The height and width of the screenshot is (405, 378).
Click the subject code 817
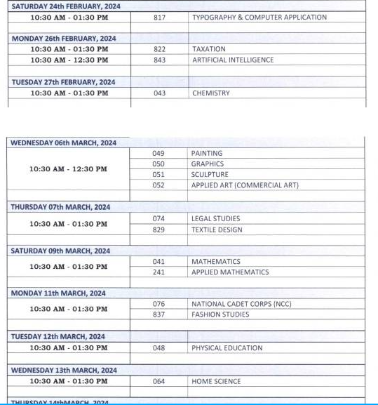coord(159,17)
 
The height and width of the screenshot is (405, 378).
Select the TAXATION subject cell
coord(208,49)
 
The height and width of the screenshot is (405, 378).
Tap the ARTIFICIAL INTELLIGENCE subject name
coord(233,60)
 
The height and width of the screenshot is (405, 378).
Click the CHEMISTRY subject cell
coord(210,93)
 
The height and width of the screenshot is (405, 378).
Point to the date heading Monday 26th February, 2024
coord(64,38)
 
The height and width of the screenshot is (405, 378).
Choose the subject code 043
coord(159,93)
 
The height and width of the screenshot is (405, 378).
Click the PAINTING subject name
coord(207,153)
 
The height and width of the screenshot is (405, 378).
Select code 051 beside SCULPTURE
coord(158,175)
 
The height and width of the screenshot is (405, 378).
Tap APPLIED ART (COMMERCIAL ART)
coord(245,185)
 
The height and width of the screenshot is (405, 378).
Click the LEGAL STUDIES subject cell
coord(215,218)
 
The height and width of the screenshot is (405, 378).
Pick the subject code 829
coord(158,230)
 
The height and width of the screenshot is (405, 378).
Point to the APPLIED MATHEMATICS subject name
coord(230,272)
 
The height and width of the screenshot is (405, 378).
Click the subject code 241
coord(158,272)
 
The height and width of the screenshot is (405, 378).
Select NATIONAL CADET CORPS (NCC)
coord(241,304)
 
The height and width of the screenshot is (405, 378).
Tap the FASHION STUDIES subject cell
coord(220,314)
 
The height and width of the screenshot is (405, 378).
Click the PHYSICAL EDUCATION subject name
coord(227,347)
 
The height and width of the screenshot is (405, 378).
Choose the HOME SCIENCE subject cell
coord(216,381)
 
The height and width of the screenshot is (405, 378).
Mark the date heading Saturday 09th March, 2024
coord(60,251)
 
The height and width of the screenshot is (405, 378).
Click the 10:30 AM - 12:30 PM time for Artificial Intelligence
coord(69,60)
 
